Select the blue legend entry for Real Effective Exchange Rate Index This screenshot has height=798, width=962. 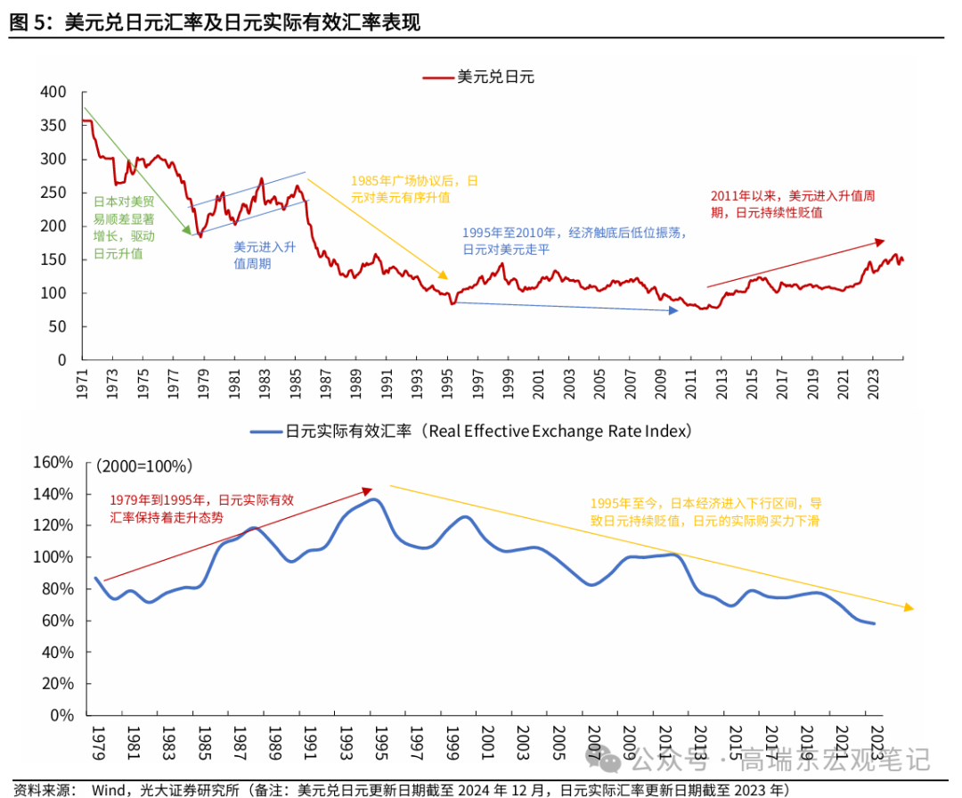pos(471,432)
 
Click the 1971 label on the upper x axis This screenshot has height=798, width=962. pos(84,383)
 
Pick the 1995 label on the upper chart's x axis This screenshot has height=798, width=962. pos(449,383)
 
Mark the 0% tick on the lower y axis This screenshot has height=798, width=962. pos(61,714)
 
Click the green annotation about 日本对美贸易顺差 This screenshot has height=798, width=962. pos(124,226)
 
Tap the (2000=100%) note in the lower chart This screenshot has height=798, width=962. pos(143,466)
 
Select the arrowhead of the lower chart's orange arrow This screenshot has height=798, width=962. pos(909,608)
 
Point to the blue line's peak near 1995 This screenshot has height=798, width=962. pos(375,500)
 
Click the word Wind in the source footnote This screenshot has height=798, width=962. pos(110,789)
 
